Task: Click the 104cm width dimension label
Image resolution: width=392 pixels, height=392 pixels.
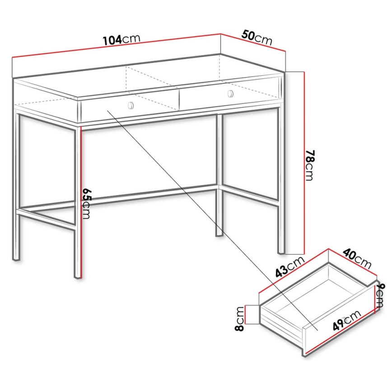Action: tap(121, 40)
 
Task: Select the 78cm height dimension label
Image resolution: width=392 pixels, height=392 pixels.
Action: tap(309, 166)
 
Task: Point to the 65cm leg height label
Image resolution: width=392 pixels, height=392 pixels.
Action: tap(86, 204)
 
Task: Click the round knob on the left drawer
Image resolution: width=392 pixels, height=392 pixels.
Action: tap(131, 105)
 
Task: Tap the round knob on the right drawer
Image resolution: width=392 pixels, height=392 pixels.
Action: tap(231, 93)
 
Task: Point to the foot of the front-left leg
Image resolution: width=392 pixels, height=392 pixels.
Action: tap(78, 274)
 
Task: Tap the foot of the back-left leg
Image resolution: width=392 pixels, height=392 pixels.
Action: tap(16, 258)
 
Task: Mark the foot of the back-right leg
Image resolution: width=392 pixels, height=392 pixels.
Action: tap(219, 233)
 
